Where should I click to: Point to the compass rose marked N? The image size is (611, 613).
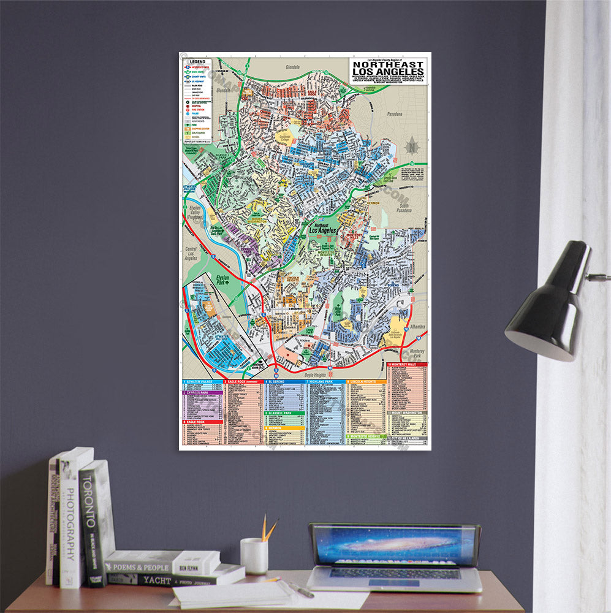[x=412, y=147]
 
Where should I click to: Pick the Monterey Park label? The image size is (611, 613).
[x=419, y=354]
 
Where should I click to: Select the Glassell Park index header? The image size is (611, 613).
[x=285, y=413]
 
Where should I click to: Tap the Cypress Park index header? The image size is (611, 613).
[x=202, y=392]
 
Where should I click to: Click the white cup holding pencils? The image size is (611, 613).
[x=254, y=556]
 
